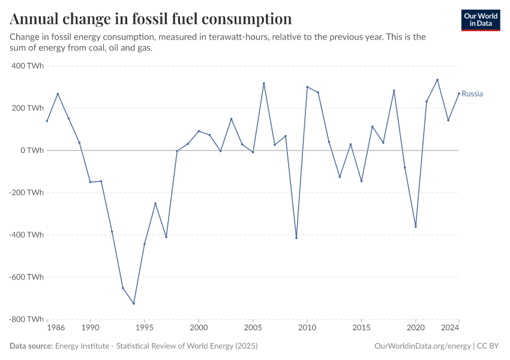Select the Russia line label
click(x=472, y=94)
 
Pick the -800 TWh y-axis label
click(x=26, y=319)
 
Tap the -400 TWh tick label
click(x=26, y=235)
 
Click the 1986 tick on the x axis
click(x=56, y=328)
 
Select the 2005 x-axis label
click(x=253, y=328)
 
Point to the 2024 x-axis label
click(x=451, y=328)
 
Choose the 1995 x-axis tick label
click(x=144, y=328)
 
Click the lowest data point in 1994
click(x=134, y=303)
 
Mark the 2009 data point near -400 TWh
click(x=296, y=238)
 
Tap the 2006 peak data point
click(x=264, y=83)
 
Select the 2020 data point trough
click(x=416, y=226)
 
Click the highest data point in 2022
click(x=437, y=80)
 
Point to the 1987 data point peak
click(x=58, y=94)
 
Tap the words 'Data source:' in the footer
click(x=31, y=346)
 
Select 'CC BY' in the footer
click(x=489, y=346)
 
